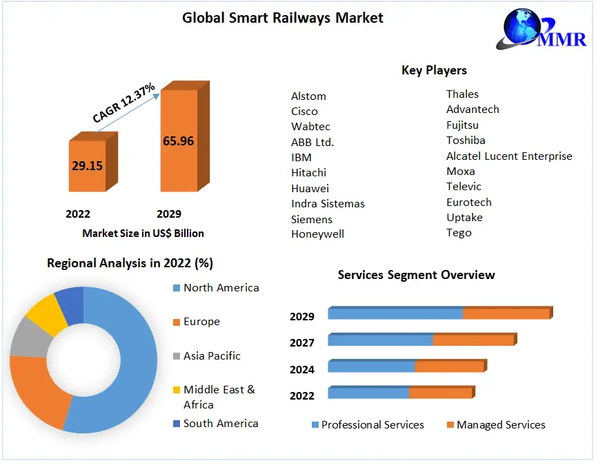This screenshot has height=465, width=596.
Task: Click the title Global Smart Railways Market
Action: pos(282,18)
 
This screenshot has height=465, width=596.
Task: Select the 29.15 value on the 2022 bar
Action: pos(87,166)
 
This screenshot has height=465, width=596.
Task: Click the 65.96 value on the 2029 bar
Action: pos(178,141)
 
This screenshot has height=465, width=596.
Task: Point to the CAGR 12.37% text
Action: pos(124,103)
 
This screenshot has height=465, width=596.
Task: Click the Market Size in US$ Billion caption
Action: pos(143,233)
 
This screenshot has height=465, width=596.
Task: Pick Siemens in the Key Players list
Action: pos(312,219)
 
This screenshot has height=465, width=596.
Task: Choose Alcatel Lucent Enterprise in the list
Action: pos(509,156)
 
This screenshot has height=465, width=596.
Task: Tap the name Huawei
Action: pos(310,188)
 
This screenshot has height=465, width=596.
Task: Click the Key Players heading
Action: pos(434,70)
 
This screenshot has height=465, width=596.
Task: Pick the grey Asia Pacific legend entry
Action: pos(212,356)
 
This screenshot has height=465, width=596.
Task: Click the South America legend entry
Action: pos(220,424)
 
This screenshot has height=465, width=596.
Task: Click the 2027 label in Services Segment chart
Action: pos(302,342)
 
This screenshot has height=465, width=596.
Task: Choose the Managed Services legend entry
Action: pos(500,425)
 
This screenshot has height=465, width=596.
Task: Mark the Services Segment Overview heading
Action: pos(416,275)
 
